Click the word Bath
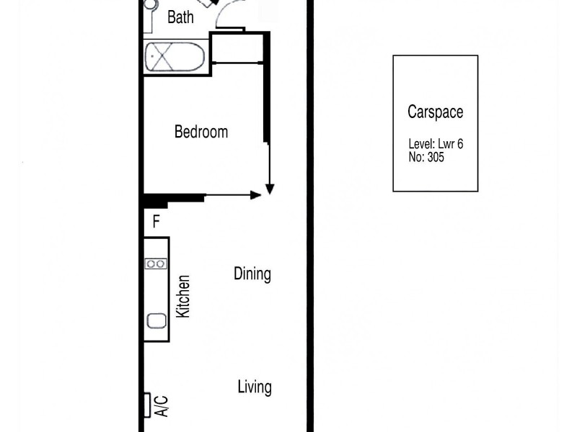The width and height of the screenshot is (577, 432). coord(180,17)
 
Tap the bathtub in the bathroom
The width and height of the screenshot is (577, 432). coord(175,57)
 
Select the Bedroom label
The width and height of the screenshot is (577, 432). coord(201,132)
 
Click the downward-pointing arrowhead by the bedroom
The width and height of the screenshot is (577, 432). coord(270,188)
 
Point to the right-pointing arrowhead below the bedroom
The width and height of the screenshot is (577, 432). coord(255,194)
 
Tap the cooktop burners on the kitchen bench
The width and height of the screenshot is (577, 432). coord(156,264)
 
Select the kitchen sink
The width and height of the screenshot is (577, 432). coord(157,320)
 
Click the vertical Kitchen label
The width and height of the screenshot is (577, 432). coord(184,297)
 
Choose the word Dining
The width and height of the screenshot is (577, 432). coord(252,274)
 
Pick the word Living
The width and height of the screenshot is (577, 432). coord(255,387)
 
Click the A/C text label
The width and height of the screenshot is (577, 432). coord(162,405)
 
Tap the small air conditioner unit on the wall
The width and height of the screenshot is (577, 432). coord(147,405)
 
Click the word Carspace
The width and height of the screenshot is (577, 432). coord(435,112)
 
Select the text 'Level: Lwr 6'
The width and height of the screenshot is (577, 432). coord(436,144)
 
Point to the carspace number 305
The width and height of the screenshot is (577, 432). coord(435,157)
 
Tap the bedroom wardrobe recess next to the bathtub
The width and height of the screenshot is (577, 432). coord(237,48)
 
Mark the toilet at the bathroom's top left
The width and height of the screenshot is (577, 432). coord(149,6)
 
